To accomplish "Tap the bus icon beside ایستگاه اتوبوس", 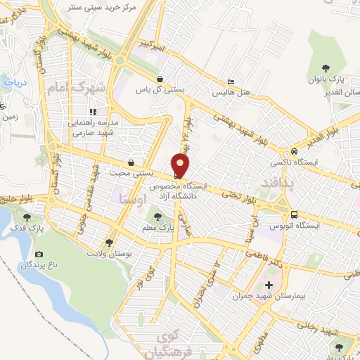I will pos(294,215).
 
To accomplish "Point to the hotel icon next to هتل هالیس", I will pos(231,82).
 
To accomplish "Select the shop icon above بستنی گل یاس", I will pos(161,79).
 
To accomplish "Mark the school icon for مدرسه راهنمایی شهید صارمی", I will pos(93,111).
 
